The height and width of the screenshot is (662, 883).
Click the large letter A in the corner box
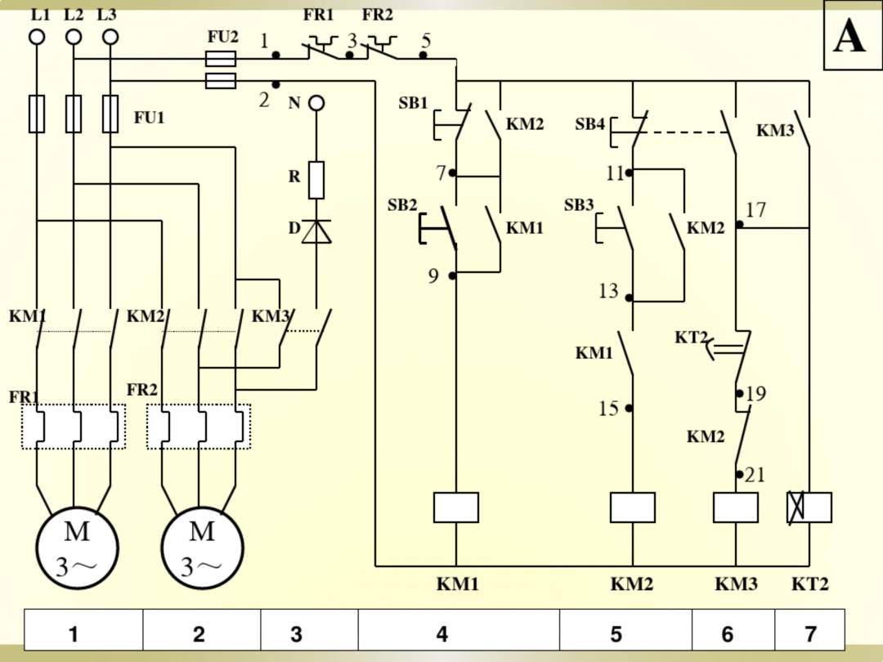point(849,37)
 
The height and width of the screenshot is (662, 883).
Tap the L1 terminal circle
point(37,37)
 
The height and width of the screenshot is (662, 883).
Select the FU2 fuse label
point(223,37)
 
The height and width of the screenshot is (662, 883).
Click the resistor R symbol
point(316,180)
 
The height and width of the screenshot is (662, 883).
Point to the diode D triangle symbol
point(316,231)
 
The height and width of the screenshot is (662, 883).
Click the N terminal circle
point(316,103)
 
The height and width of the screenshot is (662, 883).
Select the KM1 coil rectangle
point(455,508)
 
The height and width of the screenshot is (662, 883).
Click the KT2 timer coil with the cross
point(809,508)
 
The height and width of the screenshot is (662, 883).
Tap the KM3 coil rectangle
point(736,508)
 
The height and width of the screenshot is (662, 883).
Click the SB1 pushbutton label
point(413,103)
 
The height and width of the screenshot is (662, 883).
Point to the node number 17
point(756,210)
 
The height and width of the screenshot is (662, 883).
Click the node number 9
point(433,276)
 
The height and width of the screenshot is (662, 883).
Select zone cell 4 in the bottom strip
point(442,634)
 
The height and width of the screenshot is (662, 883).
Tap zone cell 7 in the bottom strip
point(809,634)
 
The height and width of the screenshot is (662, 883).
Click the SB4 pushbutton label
point(589,124)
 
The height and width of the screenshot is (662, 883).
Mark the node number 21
point(755,475)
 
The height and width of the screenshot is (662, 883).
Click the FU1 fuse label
point(150,118)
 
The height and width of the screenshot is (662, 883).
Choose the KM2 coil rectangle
point(632,508)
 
